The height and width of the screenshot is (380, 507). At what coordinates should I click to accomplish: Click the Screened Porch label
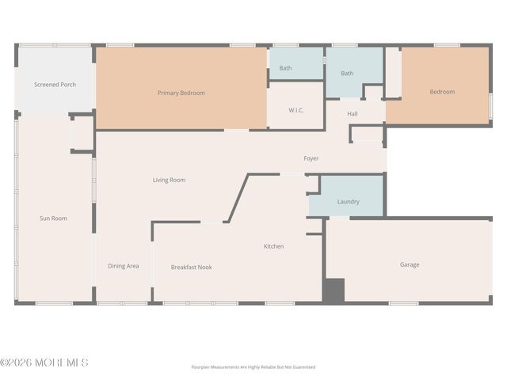[55, 85]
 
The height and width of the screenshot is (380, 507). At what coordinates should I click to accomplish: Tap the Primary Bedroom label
[181, 93]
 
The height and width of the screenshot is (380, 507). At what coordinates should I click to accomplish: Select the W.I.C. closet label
[295, 111]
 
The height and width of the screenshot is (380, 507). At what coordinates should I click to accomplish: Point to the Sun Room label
[53, 218]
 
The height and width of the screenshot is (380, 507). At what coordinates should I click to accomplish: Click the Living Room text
[169, 180]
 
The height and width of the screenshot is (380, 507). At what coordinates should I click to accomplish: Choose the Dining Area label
[124, 266]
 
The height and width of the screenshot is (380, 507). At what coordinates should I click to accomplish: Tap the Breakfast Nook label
[192, 268]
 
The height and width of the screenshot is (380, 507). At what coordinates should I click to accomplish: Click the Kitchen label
[273, 246]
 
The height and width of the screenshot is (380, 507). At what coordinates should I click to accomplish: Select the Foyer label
[311, 158]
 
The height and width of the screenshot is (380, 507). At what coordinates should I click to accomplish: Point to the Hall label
[352, 114]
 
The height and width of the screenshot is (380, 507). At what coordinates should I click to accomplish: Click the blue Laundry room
[346, 196]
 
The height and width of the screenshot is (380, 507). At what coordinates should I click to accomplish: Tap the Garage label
[410, 264]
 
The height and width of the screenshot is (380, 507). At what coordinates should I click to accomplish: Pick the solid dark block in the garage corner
[334, 291]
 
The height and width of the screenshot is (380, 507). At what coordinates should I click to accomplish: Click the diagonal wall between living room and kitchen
[238, 198]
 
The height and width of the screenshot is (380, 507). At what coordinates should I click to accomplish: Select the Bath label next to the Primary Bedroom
[285, 68]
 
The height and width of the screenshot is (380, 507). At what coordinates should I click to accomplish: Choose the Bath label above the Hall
[347, 74]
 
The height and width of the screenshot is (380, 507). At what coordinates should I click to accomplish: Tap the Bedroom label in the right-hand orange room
[442, 92]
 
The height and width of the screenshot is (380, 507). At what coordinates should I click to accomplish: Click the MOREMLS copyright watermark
[44, 363]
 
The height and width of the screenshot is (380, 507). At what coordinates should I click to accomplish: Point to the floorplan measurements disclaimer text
[253, 367]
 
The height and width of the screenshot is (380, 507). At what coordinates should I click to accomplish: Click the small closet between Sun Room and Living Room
[82, 133]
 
